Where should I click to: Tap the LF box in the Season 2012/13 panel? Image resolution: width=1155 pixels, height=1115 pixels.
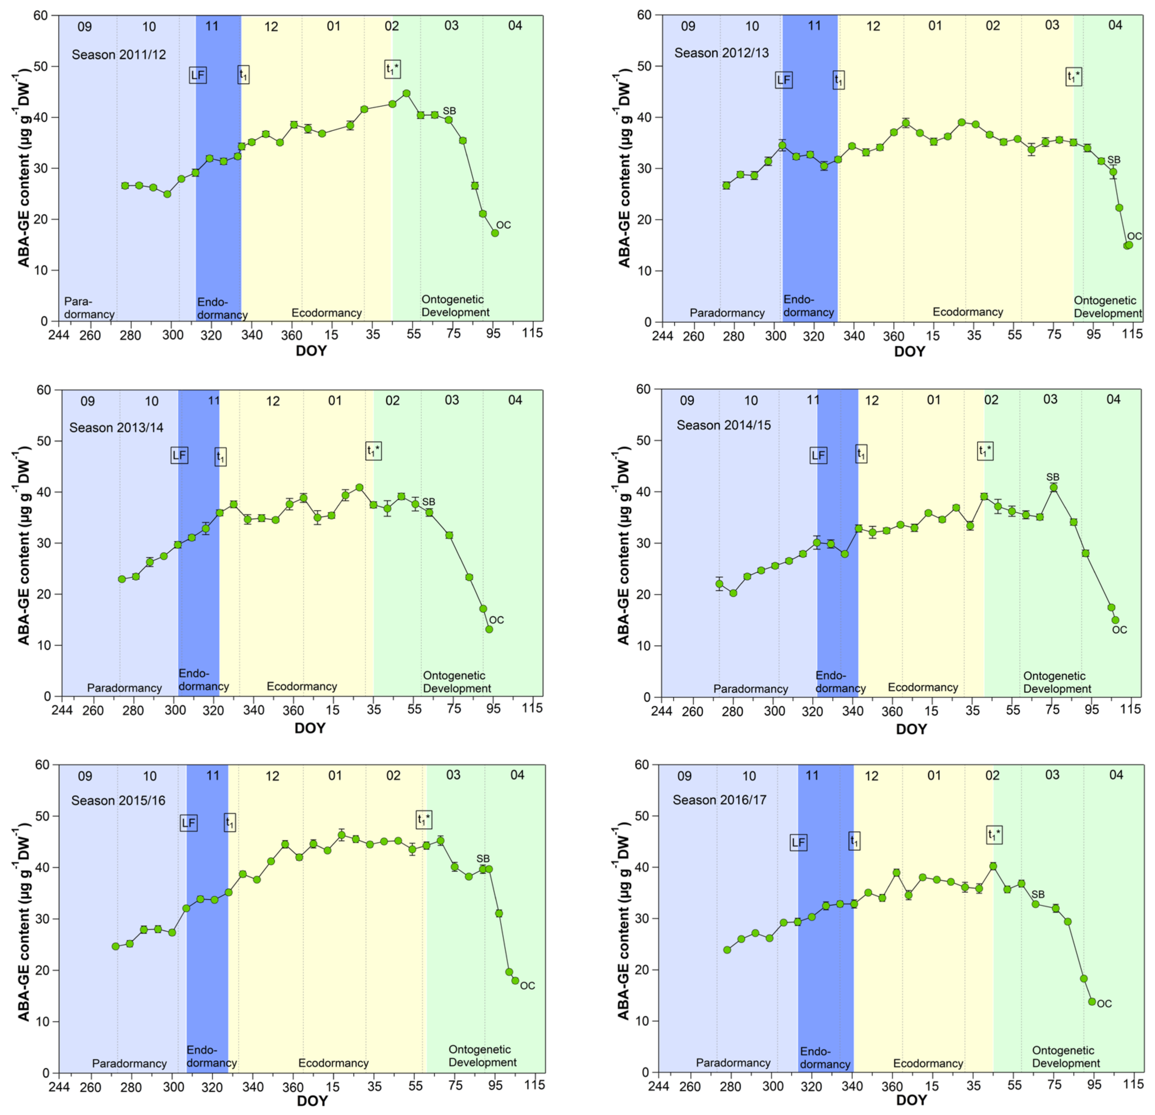coord(783,80)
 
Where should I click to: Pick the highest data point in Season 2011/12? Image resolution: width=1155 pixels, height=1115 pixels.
coord(406,93)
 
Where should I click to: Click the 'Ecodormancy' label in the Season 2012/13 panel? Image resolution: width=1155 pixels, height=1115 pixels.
coord(968,312)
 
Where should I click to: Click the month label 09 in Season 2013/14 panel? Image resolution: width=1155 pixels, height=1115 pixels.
coord(87,401)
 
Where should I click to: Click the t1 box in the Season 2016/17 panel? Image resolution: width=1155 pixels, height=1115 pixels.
coord(854,841)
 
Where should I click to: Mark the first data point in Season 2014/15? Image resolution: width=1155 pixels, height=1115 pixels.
coord(719,584)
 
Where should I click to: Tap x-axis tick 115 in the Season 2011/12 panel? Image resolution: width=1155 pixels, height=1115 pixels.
coord(532,333)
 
